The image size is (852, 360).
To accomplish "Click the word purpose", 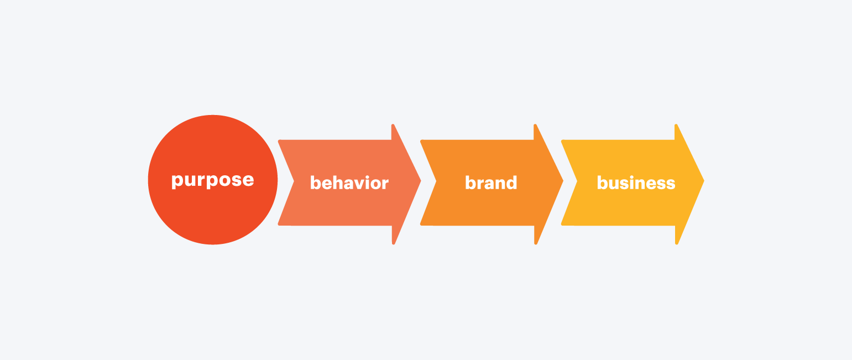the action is pos(213,180).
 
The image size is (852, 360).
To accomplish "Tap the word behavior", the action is pos(349,182).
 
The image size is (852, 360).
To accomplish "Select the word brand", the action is pos(491,182).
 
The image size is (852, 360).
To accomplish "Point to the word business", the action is pos(636,182).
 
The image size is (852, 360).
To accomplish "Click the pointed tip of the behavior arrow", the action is pos(421,181).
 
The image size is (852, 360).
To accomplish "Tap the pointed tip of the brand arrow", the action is pos(563,181).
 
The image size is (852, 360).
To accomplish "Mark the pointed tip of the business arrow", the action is pos(704,181).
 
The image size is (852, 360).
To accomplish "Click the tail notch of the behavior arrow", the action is pos(294,181).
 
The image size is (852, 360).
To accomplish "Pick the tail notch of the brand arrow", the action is pos(436,181).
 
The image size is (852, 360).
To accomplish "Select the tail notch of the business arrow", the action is pos(577,181).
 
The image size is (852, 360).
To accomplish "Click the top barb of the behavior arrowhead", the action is pos(393,125).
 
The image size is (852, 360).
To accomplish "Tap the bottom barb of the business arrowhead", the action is pos(677,243).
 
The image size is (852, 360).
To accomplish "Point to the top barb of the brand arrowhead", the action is pos(535,125).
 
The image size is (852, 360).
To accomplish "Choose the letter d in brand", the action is pos(511,182).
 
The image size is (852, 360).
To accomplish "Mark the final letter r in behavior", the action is pos(385,184).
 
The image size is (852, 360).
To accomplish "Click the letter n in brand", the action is pos(499,184).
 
